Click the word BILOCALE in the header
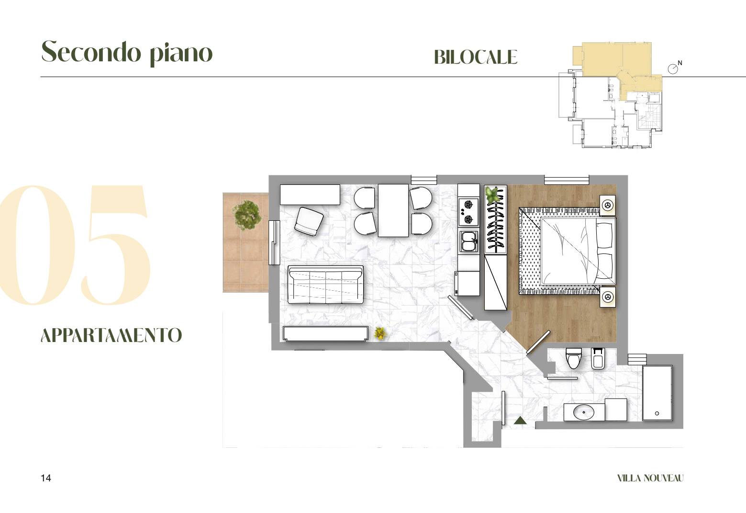[476, 57]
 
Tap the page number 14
[46, 478]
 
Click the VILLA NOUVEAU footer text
[650, 479]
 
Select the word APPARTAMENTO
[111, 335]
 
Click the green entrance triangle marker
[520, 421]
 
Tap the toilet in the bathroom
[573, 358]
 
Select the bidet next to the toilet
[598, 358]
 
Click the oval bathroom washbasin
[584, 412]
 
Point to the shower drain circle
[657, 413]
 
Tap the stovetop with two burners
[468, 211]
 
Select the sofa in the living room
[325, 285]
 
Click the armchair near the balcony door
[309, 221]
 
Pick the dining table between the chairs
[393, 210]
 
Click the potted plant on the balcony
[247, 215]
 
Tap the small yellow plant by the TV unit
[380, 333]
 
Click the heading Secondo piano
[127, 52]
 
